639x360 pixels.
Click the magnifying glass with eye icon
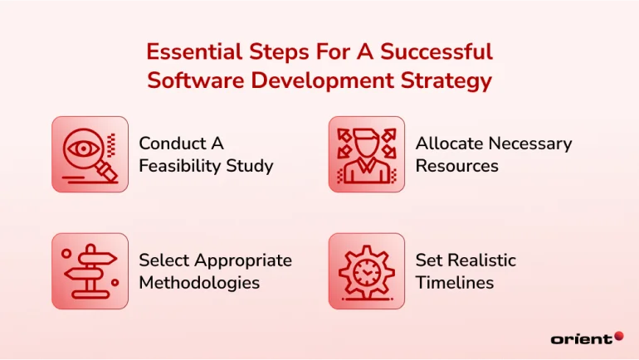pos(90,154)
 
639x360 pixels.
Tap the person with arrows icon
pos(366,154)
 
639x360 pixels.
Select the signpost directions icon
pos(90,270)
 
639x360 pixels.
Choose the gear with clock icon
pos(366,270)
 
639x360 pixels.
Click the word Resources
pos(456,166)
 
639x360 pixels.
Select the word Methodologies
pos(198,283)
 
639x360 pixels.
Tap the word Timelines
pos(454,283)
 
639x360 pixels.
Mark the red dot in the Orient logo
pos(618,336)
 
